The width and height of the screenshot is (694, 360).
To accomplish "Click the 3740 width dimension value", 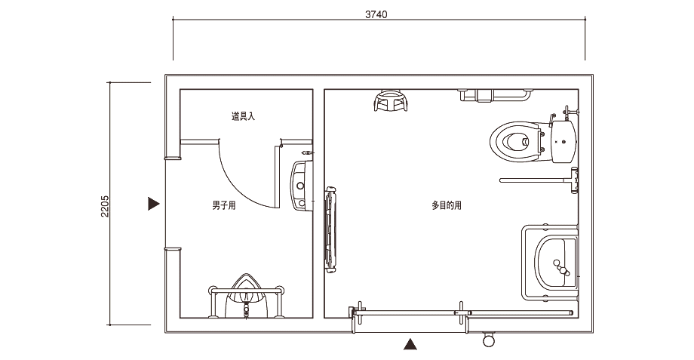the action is (376, 14).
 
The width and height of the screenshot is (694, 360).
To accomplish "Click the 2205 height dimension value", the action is (105, 206).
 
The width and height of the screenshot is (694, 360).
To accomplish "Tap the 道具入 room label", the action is (243, 116).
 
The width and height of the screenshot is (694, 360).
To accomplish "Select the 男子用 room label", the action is (224, 205).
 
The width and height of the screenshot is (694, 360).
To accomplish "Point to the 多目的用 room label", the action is (447, 205).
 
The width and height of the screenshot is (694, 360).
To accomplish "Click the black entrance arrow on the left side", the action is (154, 204).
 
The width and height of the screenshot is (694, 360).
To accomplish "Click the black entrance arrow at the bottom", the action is (410, 344).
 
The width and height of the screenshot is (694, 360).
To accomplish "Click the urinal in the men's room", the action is (247, 296).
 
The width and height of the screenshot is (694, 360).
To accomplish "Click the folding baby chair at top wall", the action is (391, 100).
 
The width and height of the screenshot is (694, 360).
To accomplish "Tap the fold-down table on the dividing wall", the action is (330, 229).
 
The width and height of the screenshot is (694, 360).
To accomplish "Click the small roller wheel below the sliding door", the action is (489, 340).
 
